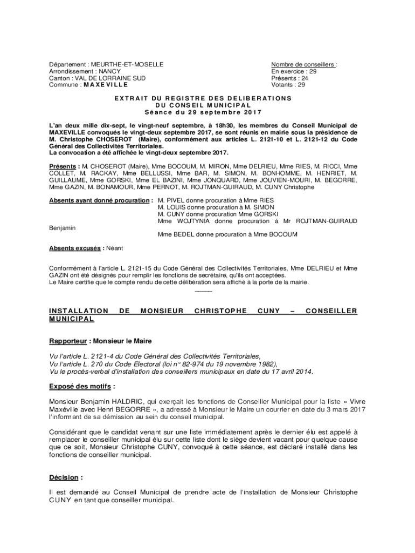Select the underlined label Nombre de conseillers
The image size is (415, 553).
click(303, 65)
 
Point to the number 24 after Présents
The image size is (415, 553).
click(305, 78)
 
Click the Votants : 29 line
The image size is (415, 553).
click(288, 84)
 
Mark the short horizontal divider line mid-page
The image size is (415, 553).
click(203, 292)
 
